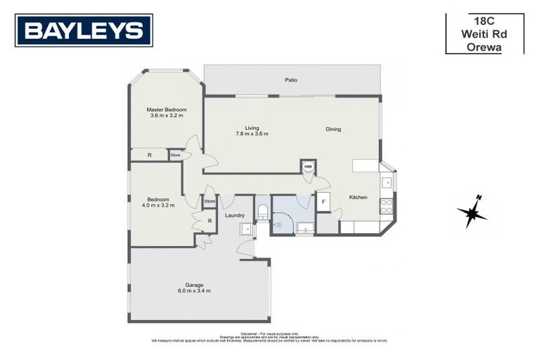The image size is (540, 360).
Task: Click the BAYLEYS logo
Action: [x=84, y=30]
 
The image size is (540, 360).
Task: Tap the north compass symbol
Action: [x=472, y=211]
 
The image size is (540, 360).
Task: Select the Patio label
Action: [x=290, y=80]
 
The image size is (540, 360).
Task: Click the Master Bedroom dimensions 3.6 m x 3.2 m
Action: [x=167, y=115]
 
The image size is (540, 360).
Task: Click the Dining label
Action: [x=333, y=129]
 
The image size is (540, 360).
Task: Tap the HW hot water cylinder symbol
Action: [x=308, y=167]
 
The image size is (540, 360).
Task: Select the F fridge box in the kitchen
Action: [x=323, y=201]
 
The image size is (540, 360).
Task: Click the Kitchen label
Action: [x=359, y=198]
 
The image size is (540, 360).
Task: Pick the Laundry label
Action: [x=235, y=215]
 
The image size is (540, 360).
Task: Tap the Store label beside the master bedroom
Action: [x=175, y=155]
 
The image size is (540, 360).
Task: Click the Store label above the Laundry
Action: [x=209, y=202]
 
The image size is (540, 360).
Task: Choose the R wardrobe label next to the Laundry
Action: [x=210, y=221]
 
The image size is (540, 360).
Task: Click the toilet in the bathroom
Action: [x=262, y=211]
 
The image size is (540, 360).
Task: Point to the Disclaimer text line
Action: [x=269, y=333]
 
